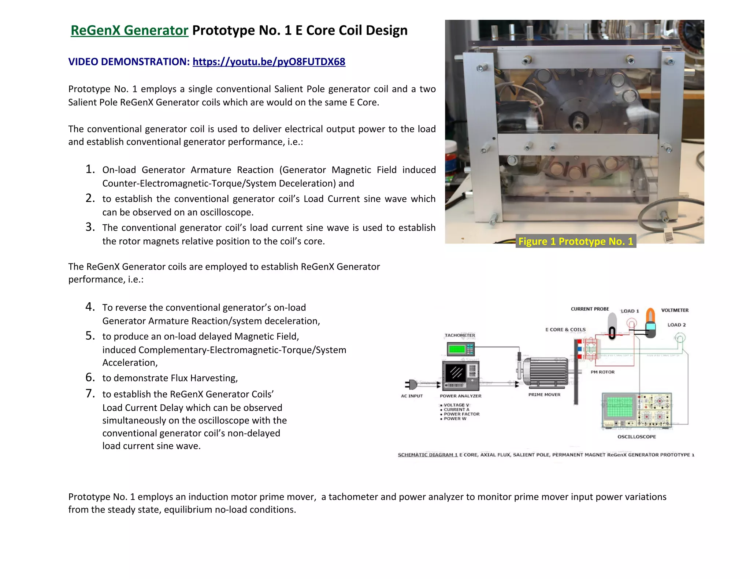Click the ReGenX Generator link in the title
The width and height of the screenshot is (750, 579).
[129, 30]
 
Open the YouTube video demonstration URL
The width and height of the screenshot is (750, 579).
[269, 61]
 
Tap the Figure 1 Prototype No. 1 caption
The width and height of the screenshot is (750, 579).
[575, 241]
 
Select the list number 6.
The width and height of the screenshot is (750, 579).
[90, 377]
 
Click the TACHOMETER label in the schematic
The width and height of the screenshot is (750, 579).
[460, 335]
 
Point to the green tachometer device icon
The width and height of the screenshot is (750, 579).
[460, 349]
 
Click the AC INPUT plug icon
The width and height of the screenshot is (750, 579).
[412, 384]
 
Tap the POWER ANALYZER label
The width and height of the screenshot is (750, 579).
[460, 396]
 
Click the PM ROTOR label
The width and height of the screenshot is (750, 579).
[602, 372]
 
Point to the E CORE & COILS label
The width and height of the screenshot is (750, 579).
[565, 329]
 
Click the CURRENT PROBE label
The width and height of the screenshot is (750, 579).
[590, 309]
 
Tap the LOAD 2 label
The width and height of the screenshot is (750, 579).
[676, 325]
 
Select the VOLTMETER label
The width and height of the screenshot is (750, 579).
[675, 310]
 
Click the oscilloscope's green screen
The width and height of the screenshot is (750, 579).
[620, 406]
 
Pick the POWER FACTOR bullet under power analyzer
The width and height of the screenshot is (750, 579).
[461, 414]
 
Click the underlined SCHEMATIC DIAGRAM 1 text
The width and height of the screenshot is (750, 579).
[427, 455]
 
